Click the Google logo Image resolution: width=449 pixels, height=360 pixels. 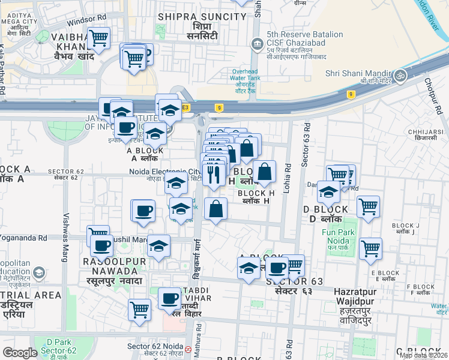(x=20, y=353)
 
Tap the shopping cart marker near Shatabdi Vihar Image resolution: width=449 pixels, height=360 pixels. (x=140, y=310)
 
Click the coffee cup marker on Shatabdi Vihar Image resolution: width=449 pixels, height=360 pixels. (x=170, y=298)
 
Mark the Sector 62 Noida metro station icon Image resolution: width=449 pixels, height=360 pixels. (x=188, y=349)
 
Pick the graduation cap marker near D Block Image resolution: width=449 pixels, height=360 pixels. (x=328, y=193)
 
